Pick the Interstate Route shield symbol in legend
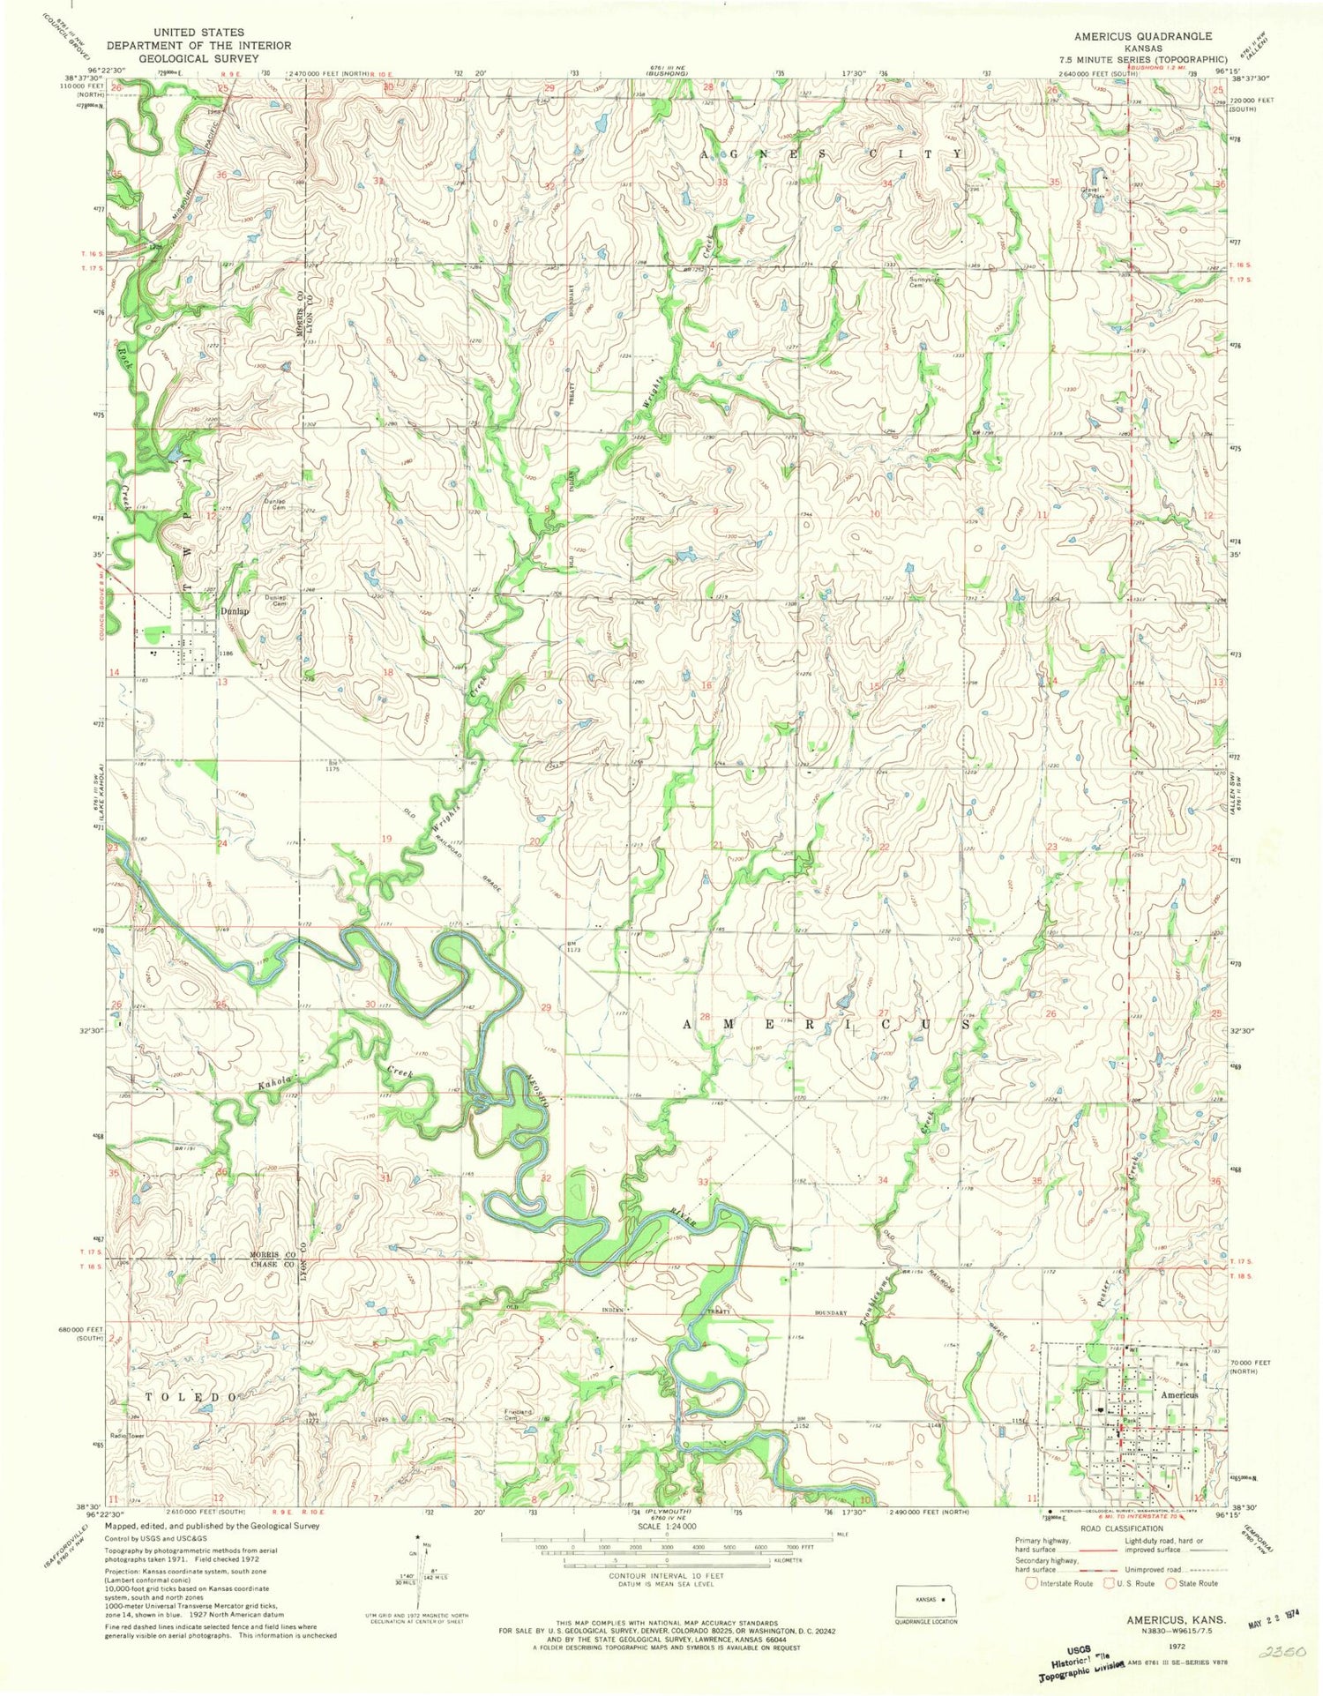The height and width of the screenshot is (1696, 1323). pyautogui.click(x=1032, y=1583)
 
